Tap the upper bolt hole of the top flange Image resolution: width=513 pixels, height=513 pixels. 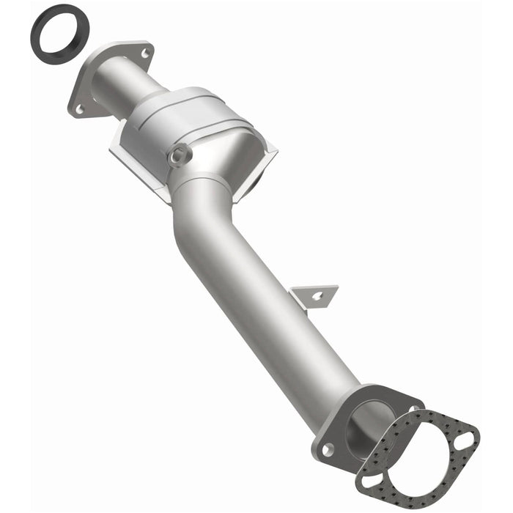[x=144, y=53]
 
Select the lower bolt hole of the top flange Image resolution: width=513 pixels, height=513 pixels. [x=80, y=110]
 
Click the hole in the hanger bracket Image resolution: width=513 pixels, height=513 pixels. [x=317, y=296]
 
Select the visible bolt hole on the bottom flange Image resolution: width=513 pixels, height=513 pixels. [x=328, y=448]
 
